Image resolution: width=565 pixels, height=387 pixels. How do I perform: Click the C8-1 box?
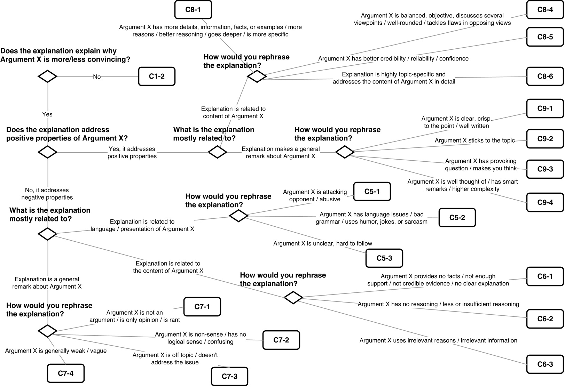coord(193,10)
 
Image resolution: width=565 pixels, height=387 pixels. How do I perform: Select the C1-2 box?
coord(157,76)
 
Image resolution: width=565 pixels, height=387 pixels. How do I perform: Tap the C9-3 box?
coord(545,169)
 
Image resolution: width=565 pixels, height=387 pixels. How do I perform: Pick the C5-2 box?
coord(457,218)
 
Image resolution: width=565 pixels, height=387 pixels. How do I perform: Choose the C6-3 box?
coord(545,364)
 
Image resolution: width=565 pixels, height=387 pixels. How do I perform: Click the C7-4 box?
coord(65,373)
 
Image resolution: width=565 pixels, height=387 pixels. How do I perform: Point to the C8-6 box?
coord(545,76)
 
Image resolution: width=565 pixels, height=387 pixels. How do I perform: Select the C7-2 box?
coord(281,340)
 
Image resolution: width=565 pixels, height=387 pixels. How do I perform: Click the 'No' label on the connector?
coord(97,77)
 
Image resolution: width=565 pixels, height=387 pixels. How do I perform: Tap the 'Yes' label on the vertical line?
coord(47,114)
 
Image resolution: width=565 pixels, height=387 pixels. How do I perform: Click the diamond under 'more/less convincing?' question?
coord(47,76)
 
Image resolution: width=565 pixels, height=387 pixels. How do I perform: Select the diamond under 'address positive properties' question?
coord(47,152)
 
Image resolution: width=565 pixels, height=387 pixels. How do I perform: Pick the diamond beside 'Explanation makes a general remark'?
coord(218,152)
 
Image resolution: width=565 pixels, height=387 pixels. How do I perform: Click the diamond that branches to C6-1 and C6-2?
coord(293,298)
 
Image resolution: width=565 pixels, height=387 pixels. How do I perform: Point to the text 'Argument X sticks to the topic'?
coord(474,140)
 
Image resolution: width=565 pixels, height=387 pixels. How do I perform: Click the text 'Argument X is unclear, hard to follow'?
coord(323,243)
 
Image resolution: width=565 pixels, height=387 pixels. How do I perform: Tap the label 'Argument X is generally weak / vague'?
coord(56,351)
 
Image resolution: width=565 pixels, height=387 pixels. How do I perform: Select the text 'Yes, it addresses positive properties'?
coord(132,153)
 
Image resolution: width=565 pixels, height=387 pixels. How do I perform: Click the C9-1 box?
coord(545,108)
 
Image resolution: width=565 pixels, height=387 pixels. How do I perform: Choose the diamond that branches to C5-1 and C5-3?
coord(238,216)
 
